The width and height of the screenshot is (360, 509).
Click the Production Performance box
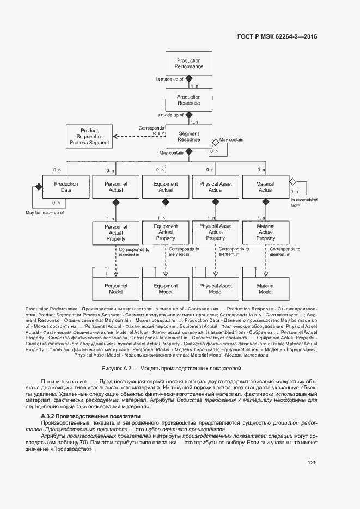188,64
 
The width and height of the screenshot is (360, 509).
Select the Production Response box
188,100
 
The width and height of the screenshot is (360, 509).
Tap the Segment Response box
188,136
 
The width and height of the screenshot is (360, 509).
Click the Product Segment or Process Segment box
89,137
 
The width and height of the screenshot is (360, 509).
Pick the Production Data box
66,187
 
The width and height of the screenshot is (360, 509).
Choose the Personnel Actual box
115,187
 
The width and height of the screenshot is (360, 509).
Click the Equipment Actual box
166,187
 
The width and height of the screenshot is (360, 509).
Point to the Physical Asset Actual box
216,187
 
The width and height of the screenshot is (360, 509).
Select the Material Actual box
265,187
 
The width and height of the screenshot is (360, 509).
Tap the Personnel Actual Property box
115,232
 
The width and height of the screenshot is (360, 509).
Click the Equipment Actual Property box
166,232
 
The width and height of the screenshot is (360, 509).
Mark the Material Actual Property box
265,232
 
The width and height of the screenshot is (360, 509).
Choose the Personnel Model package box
115,289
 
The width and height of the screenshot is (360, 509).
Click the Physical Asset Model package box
216,289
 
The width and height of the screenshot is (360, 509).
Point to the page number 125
312,463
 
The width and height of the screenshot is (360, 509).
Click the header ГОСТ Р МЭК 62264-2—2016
277,37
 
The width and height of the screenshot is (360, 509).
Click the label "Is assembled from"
303,203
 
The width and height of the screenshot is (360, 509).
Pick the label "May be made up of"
45,212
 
